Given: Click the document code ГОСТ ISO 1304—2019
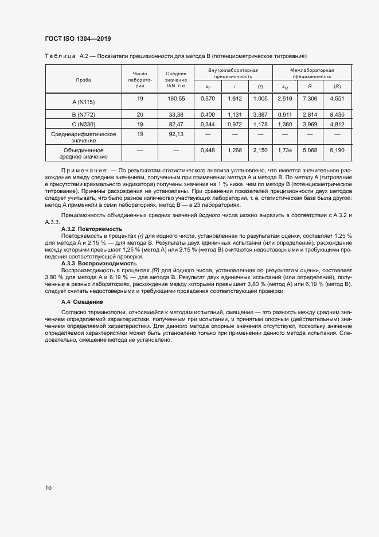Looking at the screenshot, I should point(77,39).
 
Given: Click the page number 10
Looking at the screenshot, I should point(48,488).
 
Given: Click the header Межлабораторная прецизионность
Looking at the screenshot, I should point(312,72).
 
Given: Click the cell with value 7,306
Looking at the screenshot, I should point(309,99).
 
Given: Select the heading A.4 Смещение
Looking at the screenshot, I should point(82,302).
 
